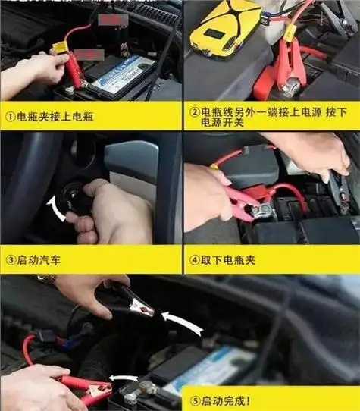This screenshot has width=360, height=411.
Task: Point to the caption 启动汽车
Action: [45, 259]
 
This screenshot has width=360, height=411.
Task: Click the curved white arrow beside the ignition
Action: [51, 207]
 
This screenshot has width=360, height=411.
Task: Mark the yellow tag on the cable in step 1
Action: [60, 47]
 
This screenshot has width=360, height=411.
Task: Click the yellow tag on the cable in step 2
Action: [289, 33]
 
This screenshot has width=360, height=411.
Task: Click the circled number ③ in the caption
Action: [11, 259]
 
